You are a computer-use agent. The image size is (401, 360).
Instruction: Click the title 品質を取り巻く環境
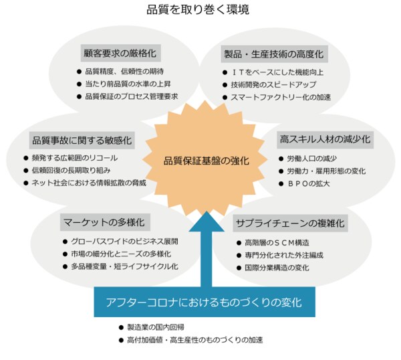[x=198, y=10]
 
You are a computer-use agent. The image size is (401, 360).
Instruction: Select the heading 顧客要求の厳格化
[x=120, y=54]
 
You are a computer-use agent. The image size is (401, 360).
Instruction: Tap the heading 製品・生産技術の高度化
[x=274, y=54]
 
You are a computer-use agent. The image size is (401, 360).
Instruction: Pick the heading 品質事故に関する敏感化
[x=82, y=140]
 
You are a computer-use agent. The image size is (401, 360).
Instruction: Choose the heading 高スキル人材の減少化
[x=325, y=139]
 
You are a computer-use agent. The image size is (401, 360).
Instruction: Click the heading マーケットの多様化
[x=104, y=222]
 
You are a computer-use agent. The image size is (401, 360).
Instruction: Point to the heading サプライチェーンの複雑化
[x=290, y=223]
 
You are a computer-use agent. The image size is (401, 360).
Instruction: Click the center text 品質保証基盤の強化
[x=206, y=161]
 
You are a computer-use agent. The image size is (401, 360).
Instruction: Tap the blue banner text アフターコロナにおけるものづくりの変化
[x=204, y=302]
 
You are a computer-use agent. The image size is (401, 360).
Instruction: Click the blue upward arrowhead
[x=207, y=221]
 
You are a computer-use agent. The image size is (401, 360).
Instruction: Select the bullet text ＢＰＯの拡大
[x=308, y=183]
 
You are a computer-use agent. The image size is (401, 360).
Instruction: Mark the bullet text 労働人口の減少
[x=311, y=159]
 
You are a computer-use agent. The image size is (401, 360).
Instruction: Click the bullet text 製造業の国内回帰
[x=156, y=327]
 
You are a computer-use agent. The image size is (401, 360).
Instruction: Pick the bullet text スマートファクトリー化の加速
[x=281, y=97]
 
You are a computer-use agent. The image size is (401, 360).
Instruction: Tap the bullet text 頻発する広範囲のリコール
[x=75, y=158]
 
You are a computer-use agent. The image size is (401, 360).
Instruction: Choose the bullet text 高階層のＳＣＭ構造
[x=277, y=242]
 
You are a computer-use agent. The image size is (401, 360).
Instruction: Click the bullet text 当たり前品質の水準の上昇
[x=128, y=84]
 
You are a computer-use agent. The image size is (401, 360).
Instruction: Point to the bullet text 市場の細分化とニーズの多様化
[x=121, y=254]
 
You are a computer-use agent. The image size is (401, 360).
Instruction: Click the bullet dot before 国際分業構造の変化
[x=239, y=268]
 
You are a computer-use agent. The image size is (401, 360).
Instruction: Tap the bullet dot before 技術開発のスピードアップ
[x=225, y=85]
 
